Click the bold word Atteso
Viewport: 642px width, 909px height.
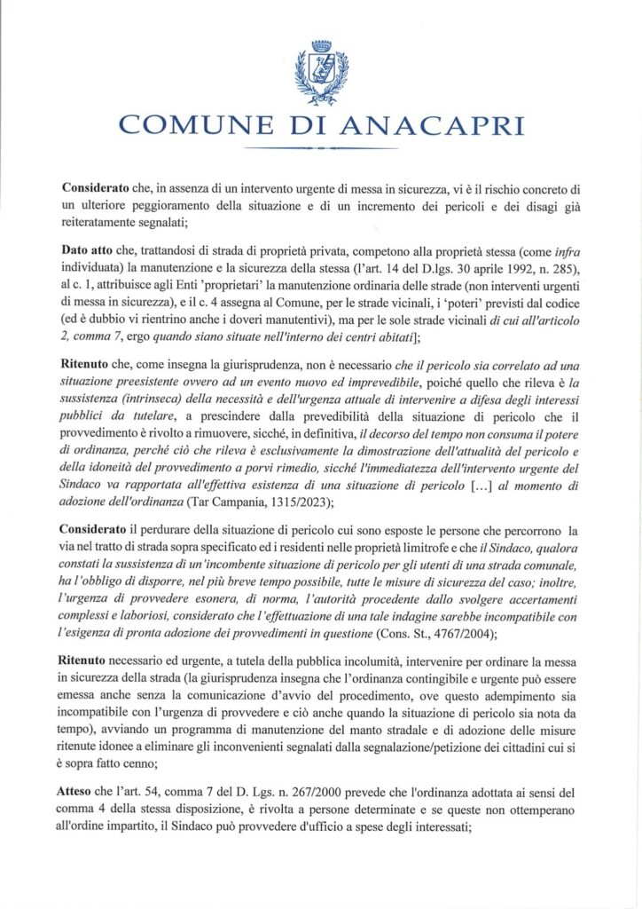click(x=81, y=771)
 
